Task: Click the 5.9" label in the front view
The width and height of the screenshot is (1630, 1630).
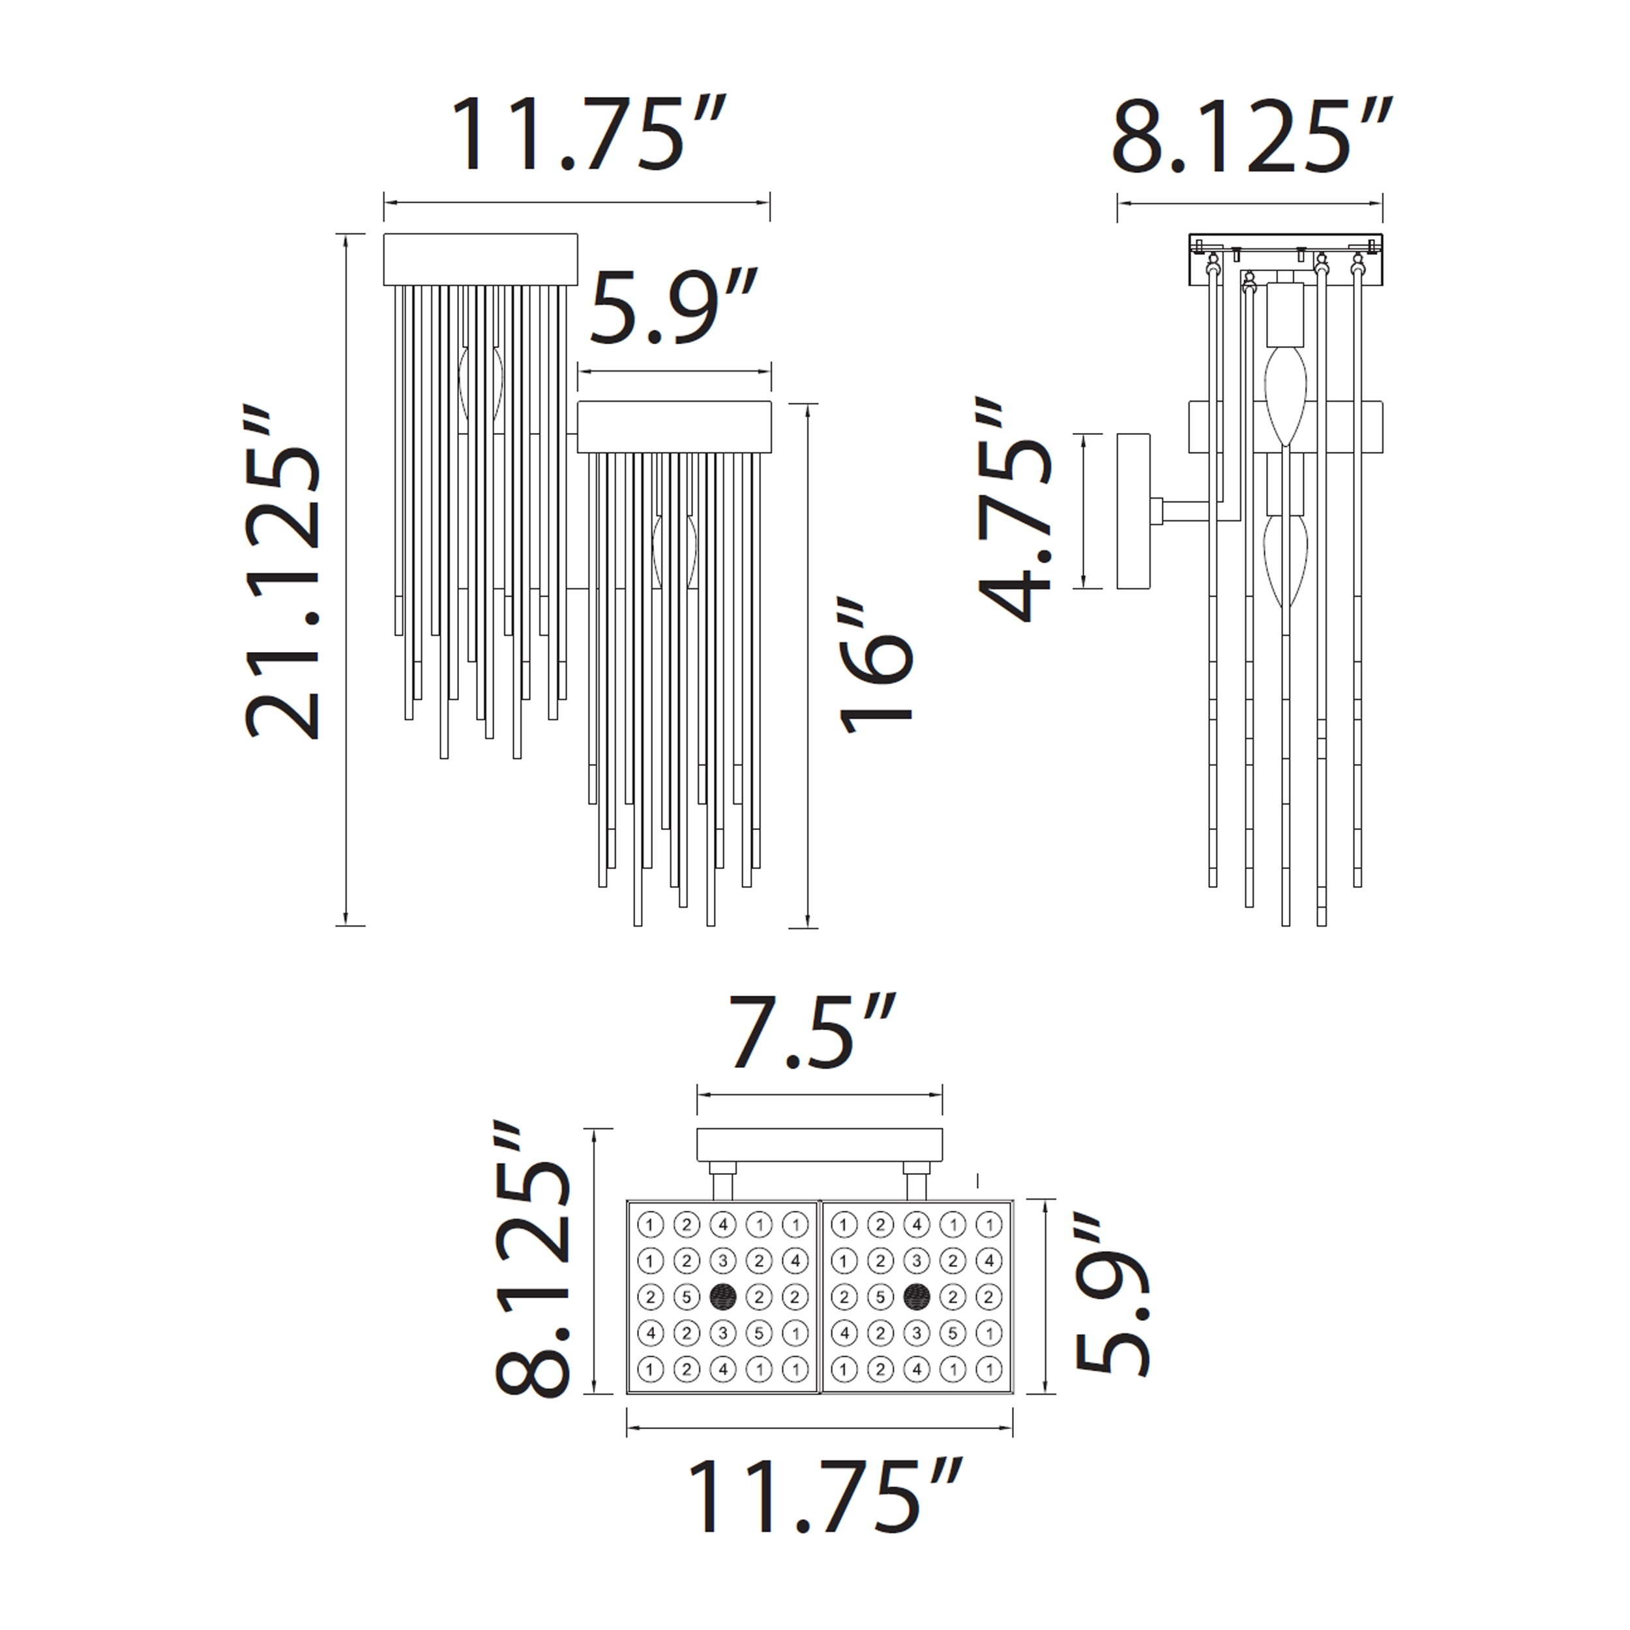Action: pyautogui.click(x=674, y=306)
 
